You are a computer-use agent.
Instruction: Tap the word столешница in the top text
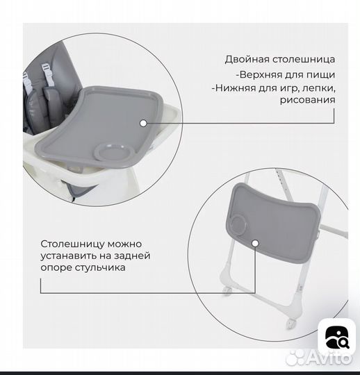coord(302,59)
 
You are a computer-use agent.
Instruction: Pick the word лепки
coord(321,87)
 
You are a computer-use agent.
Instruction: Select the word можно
coord(126,244)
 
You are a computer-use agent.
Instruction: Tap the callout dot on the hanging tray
coord(255,244)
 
